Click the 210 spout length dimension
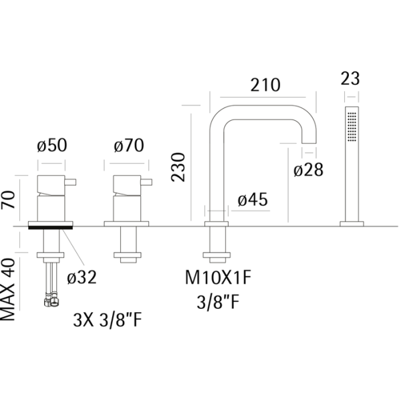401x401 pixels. click(x=265, y=85)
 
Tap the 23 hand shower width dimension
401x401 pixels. click(x=350, y=78)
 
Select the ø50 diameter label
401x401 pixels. click(x=52, y=145)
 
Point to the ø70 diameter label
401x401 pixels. click(x=129, y=146)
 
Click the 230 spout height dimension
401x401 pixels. click(x=178, y=167)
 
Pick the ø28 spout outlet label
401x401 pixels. click(x=308, y=170)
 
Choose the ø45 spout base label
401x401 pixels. click(x=253, y=199)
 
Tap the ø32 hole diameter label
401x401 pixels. click(x=82, y=277)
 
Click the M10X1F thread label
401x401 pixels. click(x=218, y=278)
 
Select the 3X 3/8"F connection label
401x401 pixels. click(x=108, y=320)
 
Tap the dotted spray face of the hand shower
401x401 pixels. click(x=352, y=126)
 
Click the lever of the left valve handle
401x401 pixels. click(x=70, y=182)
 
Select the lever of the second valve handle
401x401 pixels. click(x=146, y=182)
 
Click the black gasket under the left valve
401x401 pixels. click(x=50, y=228)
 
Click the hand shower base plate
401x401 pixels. click(x=352, y=224)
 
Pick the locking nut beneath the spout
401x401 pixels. click(x=217, y=255)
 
